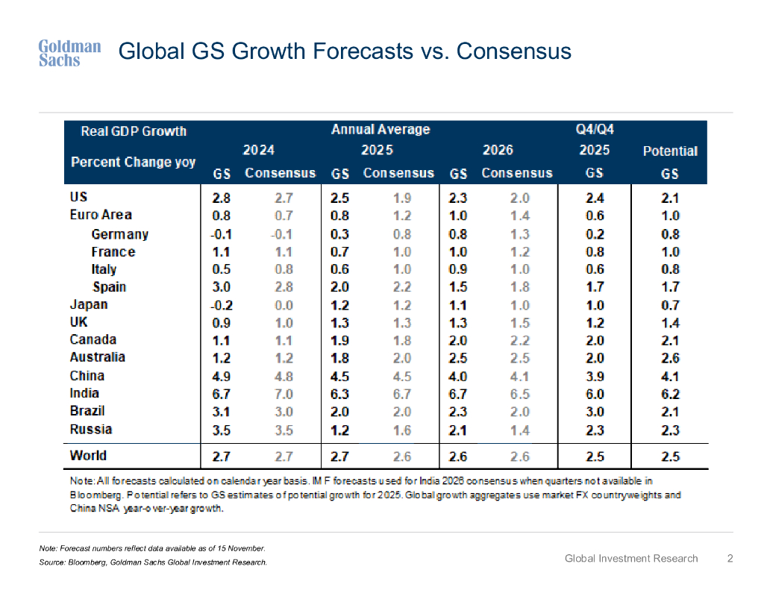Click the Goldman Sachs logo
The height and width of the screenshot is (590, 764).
(x=69, y=53)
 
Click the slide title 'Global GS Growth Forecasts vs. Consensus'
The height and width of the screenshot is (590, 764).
(x=345, y=51)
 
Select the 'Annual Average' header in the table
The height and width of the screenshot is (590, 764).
(x=381, y=130)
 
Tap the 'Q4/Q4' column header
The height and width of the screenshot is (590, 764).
(x=595, y=130)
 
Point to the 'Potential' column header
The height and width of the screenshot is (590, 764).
(x=670, y=151)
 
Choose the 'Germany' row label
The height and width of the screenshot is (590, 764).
(x=119, y=234)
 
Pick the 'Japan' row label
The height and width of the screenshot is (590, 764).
(x=89, y=304)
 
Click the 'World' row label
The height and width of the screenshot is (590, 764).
(x=88, y=455)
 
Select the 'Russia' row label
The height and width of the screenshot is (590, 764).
(x=91, y=429)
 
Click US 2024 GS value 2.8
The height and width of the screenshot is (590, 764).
(x=222, y=198)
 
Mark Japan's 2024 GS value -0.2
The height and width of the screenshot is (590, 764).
(x=220, y=304)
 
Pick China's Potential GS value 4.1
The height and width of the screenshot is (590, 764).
(x=670, y=376)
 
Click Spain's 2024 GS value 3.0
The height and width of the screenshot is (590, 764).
(x=222, y=287)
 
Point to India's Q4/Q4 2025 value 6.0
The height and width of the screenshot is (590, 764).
(x=595, y=394)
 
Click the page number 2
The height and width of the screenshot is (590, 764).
(x=730, y=558)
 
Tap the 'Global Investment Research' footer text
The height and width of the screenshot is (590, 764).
(x=631, y=558)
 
